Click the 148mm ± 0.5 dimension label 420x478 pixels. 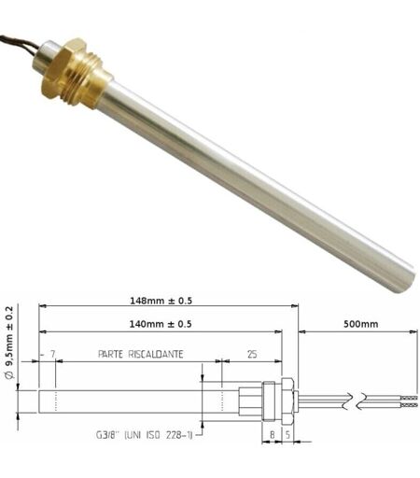pyautogui.click(x=161, y=301)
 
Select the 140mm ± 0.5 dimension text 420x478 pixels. pyautogui.click(x=161, y=324)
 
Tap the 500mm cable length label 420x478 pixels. pyautogui.click(x=360, y=324)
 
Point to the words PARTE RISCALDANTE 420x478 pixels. pyautogui.click(x=141, y=354)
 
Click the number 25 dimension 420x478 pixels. pyautogui.click(x=252, y=354)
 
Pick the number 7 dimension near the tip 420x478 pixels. pyautogui.click(x=52, y=354)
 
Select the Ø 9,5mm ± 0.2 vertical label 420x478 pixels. pyautogui.click(x=9, y=343)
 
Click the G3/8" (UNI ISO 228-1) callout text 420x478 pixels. pyautogui.click(x=144, y=434)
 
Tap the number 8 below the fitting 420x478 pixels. pyautogui.click(x=272, y=434)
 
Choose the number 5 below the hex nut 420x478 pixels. pyautogui.click(x=287, y=434)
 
